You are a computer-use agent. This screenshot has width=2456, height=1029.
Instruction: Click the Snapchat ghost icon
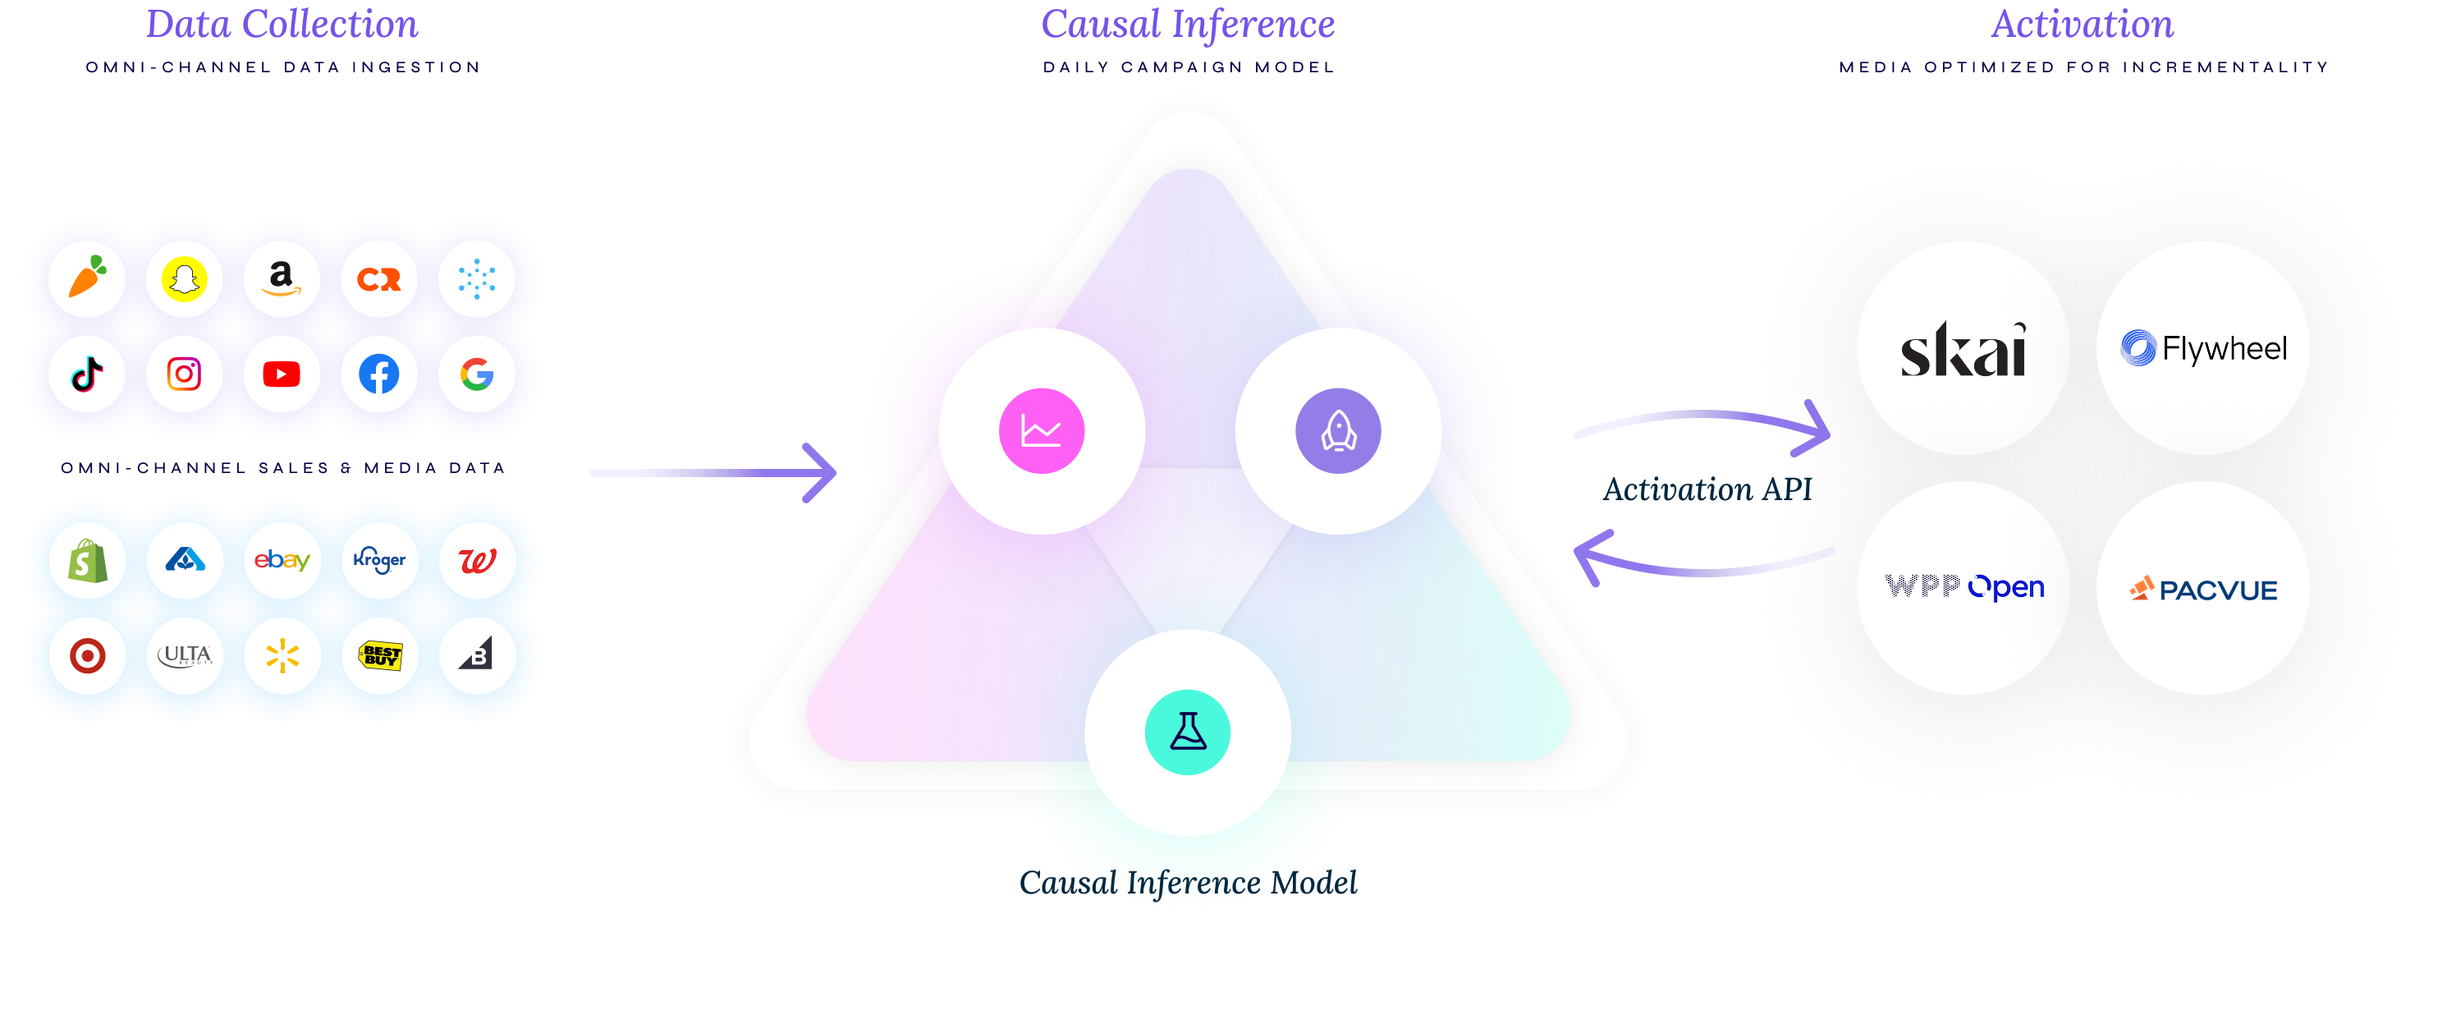[x=184, y=279]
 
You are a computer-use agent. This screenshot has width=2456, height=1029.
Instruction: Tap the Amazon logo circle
[x=282, y=279]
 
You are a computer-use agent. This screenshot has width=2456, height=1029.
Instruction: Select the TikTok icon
[x=87, y=374]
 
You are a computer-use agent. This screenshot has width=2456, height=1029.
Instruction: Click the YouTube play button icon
[x=282, y=374]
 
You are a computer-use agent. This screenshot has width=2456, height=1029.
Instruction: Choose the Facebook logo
[x=378, y=374]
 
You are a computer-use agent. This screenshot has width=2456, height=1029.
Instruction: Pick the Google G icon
[x=477, y=374]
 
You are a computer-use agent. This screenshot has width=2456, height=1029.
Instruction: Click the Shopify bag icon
[x=87, y=561]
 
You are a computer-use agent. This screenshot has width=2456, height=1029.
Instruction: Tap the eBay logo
[x=282, y=561]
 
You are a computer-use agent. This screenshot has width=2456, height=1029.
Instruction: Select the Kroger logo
[x=378, y=561]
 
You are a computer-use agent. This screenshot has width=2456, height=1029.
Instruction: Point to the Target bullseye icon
[x=87, y=656]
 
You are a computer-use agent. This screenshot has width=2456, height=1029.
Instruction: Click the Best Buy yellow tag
[x=379, y=656]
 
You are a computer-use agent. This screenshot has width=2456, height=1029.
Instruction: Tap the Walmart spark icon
[x=282, y=656]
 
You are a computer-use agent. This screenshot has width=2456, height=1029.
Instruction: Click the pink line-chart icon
[x=1041, y=431]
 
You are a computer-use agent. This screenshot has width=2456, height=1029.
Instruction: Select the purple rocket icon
[x=1338, y=431]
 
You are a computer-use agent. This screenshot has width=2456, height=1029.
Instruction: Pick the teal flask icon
[x=1187, y=733]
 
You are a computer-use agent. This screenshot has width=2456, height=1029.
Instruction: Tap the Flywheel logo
[x=2202, y=349]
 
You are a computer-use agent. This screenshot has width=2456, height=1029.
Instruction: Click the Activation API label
[x=1707, y=489]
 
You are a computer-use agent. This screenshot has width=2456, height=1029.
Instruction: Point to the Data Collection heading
[x=282, y=25]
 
